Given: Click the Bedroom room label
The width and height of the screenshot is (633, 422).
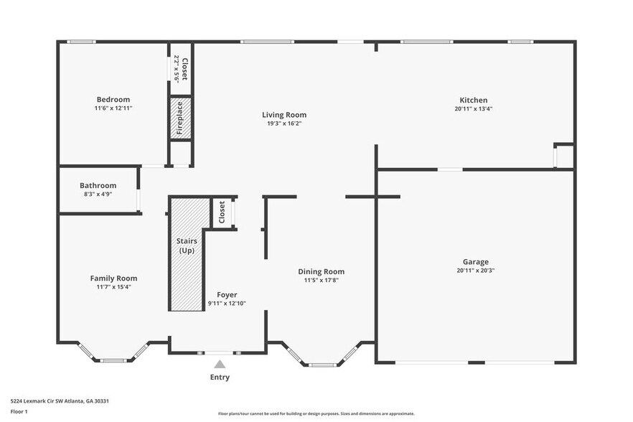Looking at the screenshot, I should tap(113, 99).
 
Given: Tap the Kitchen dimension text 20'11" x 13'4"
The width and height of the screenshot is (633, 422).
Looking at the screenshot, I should tap(474, 109).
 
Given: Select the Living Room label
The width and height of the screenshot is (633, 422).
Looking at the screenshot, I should tap(284, 114).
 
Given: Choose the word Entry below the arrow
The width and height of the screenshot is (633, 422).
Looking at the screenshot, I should tap(220, 377).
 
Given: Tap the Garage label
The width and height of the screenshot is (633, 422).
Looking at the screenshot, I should tap(475, 261).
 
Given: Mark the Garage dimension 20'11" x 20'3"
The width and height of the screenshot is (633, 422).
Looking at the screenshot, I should tap(475, 271).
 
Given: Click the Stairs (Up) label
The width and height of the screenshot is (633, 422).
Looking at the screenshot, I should tap(187, 245).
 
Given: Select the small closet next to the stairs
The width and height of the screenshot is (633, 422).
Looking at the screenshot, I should tap(222, 212).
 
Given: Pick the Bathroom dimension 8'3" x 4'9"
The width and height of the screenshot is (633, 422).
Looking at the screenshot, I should tap(98, 194).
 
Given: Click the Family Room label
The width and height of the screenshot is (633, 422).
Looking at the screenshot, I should tap(113, 278).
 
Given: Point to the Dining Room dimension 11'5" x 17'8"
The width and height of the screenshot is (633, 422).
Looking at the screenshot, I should tap(321, 281).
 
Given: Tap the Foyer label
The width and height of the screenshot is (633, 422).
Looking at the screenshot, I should tap(227, 294).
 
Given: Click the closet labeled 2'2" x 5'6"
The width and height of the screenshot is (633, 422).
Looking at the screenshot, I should tap(180, 69).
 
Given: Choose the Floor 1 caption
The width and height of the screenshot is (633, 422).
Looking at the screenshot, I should tap(19, 411).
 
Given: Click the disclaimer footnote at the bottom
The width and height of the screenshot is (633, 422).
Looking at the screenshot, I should tap(316, 413).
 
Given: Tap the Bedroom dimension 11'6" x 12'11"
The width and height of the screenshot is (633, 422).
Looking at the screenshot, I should tap(113, 108).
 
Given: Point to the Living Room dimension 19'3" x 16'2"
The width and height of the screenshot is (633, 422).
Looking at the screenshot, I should tap(284, 123).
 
